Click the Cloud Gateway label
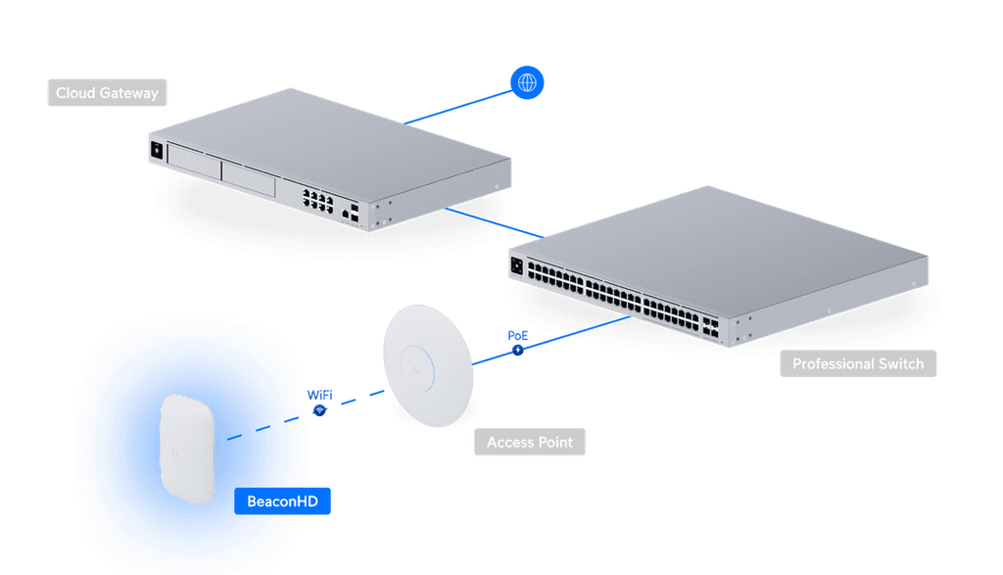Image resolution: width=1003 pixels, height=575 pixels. click(107, 93)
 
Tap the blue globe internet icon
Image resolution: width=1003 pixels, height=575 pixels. click(527, 82)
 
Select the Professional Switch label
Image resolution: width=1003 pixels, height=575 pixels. click(858, 363)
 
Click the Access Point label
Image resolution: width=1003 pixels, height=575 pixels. click(530, 442)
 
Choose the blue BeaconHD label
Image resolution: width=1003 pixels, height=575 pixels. click(282, 501)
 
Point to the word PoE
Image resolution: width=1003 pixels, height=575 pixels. click(517, 335)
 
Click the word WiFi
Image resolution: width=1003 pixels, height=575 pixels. click(320, 395)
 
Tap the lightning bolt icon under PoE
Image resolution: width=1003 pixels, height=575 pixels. click(518, 350)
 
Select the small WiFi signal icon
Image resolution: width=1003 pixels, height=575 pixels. click(320, 410)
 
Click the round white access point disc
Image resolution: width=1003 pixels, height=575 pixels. click(428, 365)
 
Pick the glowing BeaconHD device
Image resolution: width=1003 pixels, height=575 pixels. click(187, 449)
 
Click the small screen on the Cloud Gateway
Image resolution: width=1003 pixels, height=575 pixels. click(157, 150)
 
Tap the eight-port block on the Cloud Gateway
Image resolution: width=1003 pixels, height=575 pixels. click(318, 201)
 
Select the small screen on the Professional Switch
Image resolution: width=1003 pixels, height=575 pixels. click(517, 266)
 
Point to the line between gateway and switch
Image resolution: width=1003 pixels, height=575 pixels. click(495, 222)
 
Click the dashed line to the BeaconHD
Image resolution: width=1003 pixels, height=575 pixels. click(306, 415)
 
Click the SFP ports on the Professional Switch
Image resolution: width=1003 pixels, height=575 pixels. click(710, 327)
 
